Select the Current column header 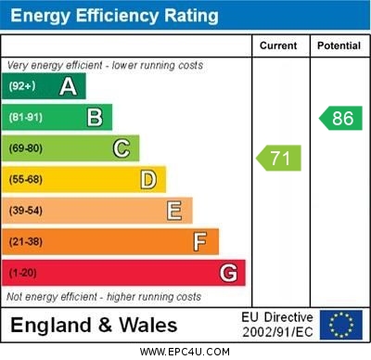(278, 45)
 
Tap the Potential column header (339, 45)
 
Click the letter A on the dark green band (68, 86)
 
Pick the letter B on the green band (95, 118)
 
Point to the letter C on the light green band (122, 148)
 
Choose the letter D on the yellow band (148, 180)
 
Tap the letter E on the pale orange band (174, 211)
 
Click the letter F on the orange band (200, 242)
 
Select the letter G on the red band (228, 274)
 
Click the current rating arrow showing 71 (279, 158)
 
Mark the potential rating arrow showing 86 (339, 118)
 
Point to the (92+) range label (23, 86)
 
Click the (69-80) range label (26, 148)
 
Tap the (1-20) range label (23, 274)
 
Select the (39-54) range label (26, 211)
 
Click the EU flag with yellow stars (341, 325)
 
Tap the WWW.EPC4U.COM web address (185, 353)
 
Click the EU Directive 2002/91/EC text (277, 325)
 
